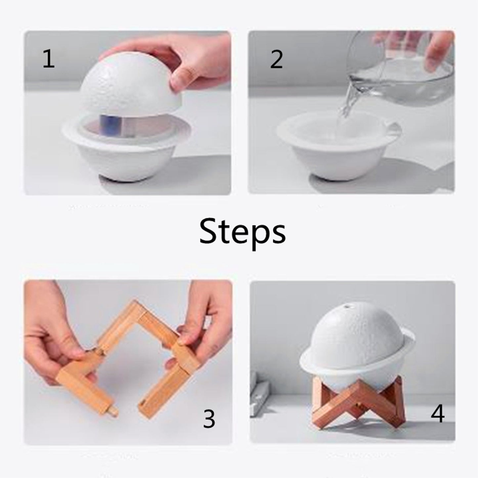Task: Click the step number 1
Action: tap(48, 59)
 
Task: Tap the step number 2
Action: tap(276, 60)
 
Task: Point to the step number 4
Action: tap(437, 413)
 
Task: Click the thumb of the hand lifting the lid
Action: tap(180, 79)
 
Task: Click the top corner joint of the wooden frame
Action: tap(136, 309)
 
